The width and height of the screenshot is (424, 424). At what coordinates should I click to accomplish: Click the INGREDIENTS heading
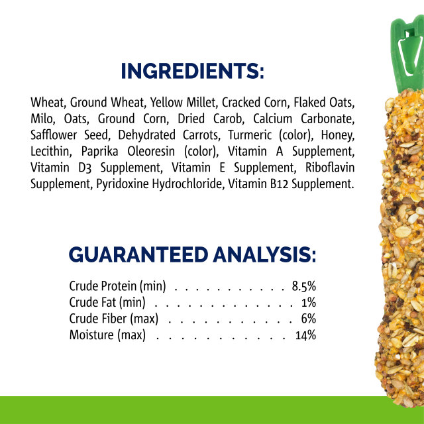192,72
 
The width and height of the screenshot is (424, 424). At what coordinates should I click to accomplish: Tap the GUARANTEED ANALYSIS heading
192,254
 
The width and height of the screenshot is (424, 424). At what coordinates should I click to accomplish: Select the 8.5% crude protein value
303,286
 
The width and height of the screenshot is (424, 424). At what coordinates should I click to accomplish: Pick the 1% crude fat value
308,302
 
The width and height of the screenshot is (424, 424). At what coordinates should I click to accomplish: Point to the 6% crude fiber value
308,319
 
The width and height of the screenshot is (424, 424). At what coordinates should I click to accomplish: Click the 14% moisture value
305,335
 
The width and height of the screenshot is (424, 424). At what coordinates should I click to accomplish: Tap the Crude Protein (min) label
117,286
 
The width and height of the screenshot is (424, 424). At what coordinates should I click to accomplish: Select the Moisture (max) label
107,335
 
